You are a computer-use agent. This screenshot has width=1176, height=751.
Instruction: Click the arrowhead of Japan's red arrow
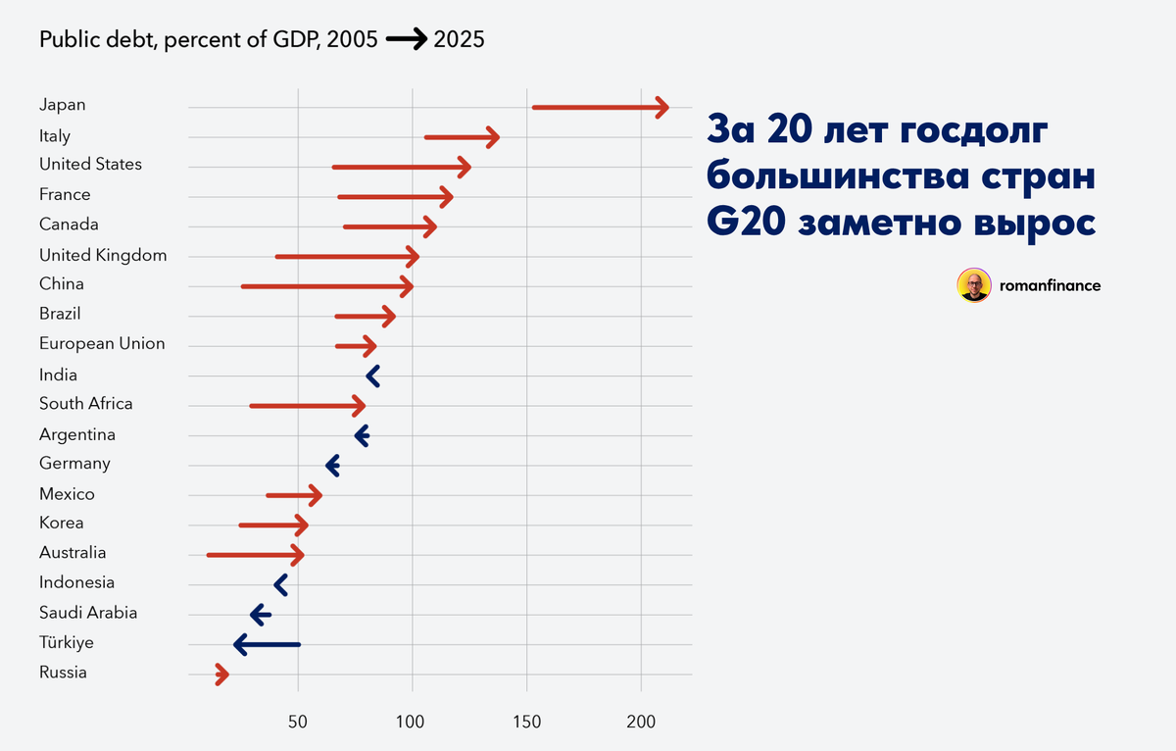point(662,108)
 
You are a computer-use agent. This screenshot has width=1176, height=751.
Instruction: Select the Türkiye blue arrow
point(268,644)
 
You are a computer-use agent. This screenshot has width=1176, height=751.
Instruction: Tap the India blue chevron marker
point(372,375)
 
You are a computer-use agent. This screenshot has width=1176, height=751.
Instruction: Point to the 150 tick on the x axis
point(526,721)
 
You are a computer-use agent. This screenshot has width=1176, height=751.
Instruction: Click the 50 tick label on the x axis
point(298,721)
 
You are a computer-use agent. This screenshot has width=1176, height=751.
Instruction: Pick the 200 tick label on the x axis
point(641,721)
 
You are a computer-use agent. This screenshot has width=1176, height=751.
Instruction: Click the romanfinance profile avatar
point(974,285)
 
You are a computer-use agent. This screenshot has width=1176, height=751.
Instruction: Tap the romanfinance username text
point(1051,286)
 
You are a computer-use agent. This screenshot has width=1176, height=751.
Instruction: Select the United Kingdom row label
point(103,255)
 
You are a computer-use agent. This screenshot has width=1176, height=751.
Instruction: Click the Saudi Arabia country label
point(88,613)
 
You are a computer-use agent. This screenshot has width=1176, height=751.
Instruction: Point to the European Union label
point(102,344)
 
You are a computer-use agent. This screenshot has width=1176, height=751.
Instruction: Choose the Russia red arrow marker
point(221,675)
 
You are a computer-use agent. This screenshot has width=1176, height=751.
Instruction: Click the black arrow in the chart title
point(406,40)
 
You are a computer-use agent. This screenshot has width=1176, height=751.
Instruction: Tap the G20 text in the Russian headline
point(747,222)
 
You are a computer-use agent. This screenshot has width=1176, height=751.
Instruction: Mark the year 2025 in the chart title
point(458,40)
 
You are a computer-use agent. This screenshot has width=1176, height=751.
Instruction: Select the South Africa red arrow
point(308,406)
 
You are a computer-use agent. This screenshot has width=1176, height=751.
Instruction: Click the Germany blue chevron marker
point(332,466)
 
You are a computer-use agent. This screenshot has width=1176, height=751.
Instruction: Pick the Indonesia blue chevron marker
point(280,585)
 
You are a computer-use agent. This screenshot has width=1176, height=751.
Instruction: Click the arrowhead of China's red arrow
point(407,287)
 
